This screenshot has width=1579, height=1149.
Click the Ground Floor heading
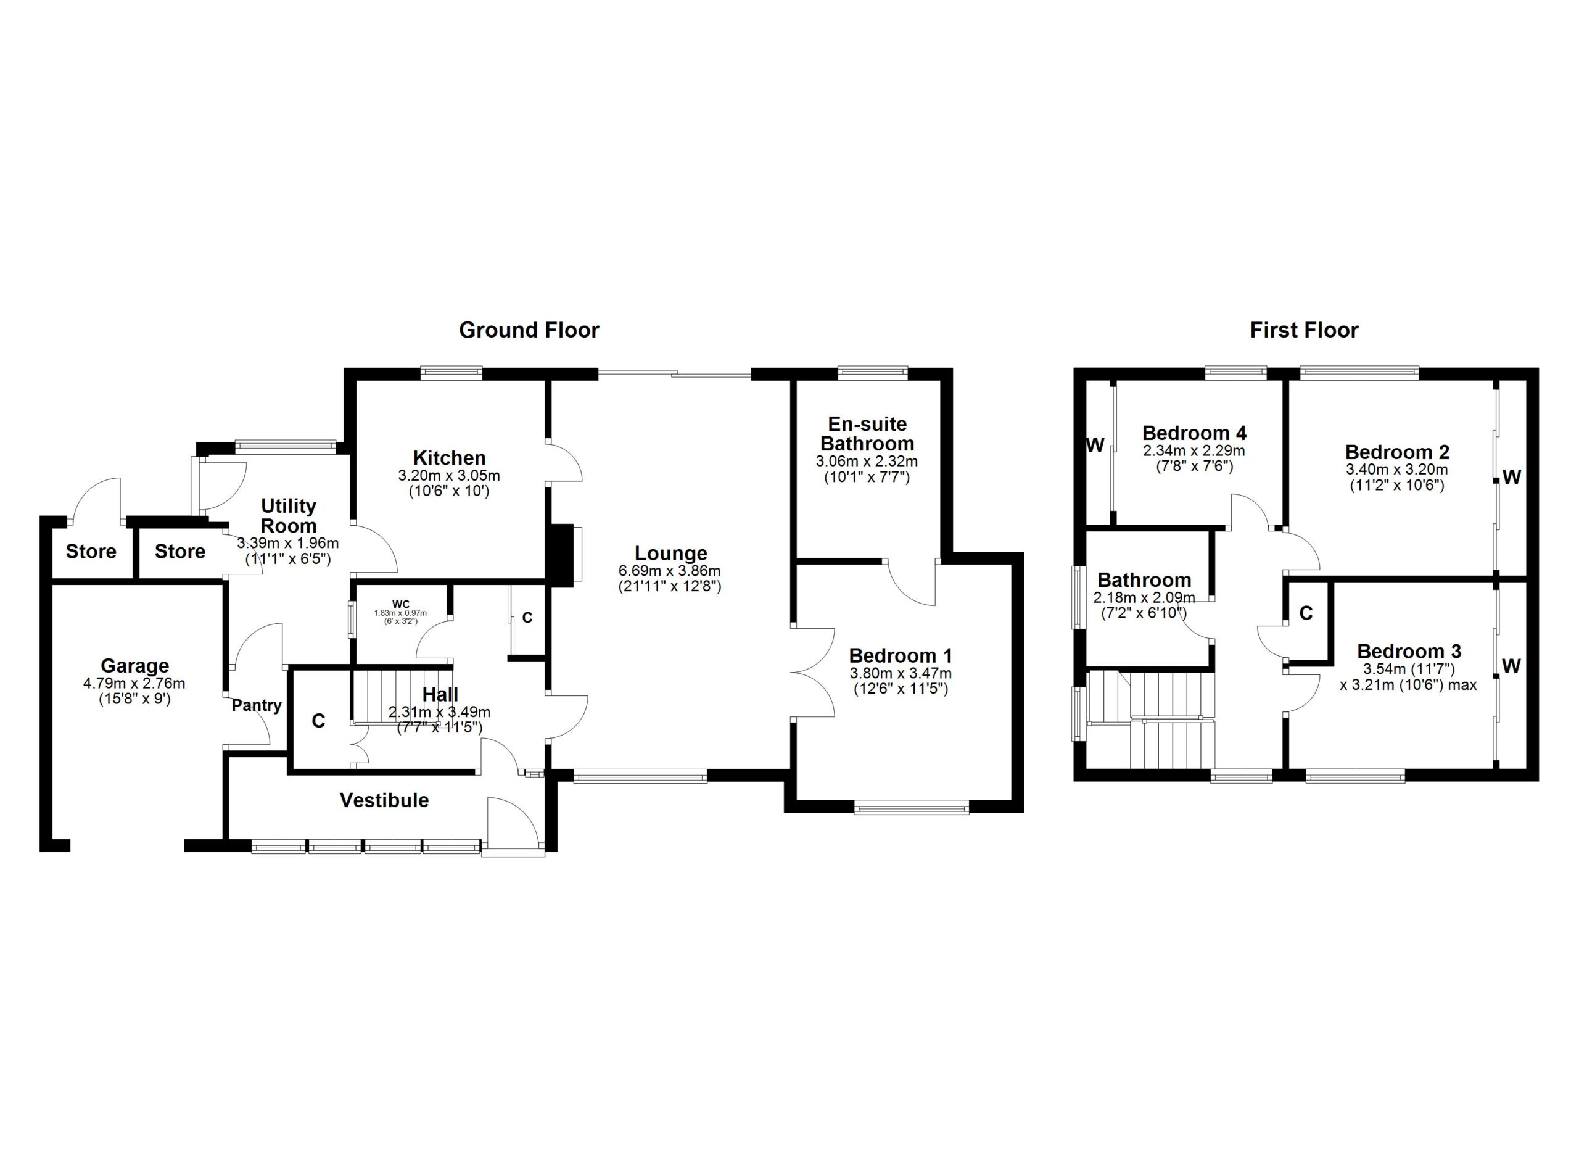pyautogui.click(x=529, y=330)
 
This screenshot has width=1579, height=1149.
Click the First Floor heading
pyautogui.click(x=1304, y=330)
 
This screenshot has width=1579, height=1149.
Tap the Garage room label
pyautogui.click(x=135, y=666)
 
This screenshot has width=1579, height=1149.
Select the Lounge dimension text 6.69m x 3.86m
pyautogui.click(x=670, y=571)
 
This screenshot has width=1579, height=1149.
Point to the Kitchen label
pyautogui.click(x=449, y=458)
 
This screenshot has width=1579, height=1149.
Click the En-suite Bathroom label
pyautogui.click(x=867, y=434)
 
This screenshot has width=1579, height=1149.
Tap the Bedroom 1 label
pyautogui.click(x=900, y=655)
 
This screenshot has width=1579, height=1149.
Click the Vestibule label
pyautogui.click(x=384, y=800)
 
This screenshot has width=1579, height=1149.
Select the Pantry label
pyautogui.click(x=257, y=705)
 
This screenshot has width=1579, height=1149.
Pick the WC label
pyautogui.click(x=401, y=604)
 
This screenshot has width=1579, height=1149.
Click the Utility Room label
pyautogui.click(x=288, y=516)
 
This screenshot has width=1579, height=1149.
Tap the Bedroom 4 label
pyautogui.click(x=1194, y=433)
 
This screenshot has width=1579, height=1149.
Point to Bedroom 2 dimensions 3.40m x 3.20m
pyautogui.click(x=1396, y=470)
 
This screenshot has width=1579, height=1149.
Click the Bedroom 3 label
pyautogui.click(x=1409, y=651)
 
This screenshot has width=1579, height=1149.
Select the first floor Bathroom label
pyautogui.click(x=1144, y=580)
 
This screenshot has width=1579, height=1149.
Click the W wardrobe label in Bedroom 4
pyautogui.click(x=1095, y=445)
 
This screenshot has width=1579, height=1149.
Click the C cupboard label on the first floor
pyautogui.click(x=1306, y=613)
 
